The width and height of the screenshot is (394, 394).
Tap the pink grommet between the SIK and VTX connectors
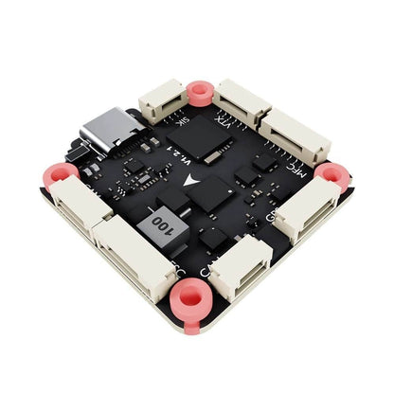coord(199,93)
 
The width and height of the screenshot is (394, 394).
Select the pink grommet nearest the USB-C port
coord(61,173)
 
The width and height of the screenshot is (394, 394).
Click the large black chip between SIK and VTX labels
coord(217,142)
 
